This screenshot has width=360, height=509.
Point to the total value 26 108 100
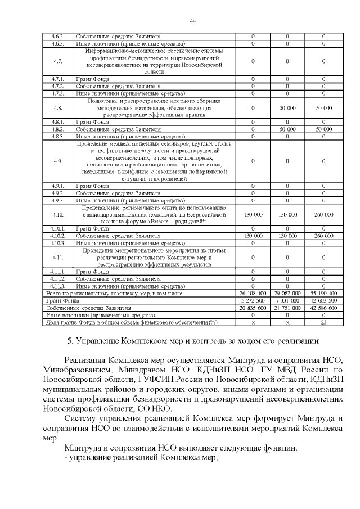coord(253,294)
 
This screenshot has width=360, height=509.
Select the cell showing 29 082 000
coord(287,294)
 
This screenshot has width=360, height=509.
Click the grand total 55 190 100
coord(323,294)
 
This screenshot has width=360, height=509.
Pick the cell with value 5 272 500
coord(253,301)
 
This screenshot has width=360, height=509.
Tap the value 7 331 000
coord(287,301)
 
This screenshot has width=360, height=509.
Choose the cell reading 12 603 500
coord(323,301)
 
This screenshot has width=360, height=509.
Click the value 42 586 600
coord(323,308)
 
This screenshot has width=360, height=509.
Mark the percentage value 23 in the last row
coord(323,322)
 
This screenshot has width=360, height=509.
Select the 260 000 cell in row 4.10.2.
coord(323,236)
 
